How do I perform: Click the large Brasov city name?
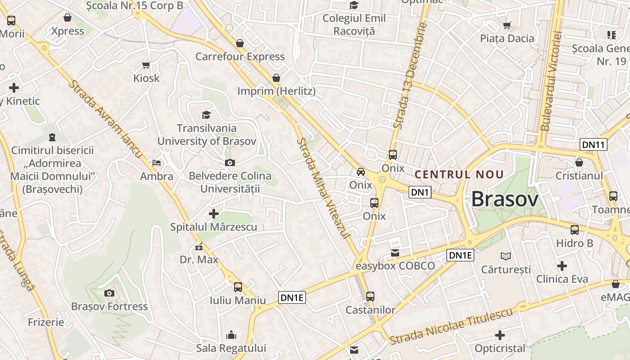coord(504,199)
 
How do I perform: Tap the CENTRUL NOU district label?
coord(459,175)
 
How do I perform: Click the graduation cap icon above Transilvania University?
coord(206,115)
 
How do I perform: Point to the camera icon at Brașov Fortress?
coord(109,293)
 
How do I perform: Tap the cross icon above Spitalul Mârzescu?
coord(214,213)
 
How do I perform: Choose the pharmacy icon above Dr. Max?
coord(198,247)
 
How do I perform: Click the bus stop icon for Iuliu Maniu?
coord(238,287)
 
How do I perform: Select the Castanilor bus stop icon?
coord(370,297)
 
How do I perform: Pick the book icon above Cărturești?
coord(506,256)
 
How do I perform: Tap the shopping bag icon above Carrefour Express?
coord(240,43)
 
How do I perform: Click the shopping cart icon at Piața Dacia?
coord(507,25)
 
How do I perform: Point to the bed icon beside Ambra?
coord(157,162)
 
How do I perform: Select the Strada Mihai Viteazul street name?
coord(324,188)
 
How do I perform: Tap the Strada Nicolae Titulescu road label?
coord(451,326)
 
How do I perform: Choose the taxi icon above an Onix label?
coord(361,171)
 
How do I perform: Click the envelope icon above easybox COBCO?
coord(395,253)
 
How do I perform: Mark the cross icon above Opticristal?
coord(499,335)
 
